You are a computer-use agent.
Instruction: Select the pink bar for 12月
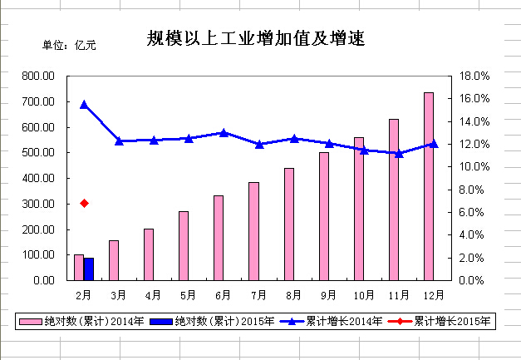(x=429, y=186)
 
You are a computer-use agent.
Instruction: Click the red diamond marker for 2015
(x=84, y=203)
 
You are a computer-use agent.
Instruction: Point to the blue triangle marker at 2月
(x=84, y=105)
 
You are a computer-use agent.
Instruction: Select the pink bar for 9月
(x=324, y=216)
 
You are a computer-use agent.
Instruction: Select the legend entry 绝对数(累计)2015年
(x=213, y=321)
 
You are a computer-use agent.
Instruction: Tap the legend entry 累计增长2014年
(x=332, y=321)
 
